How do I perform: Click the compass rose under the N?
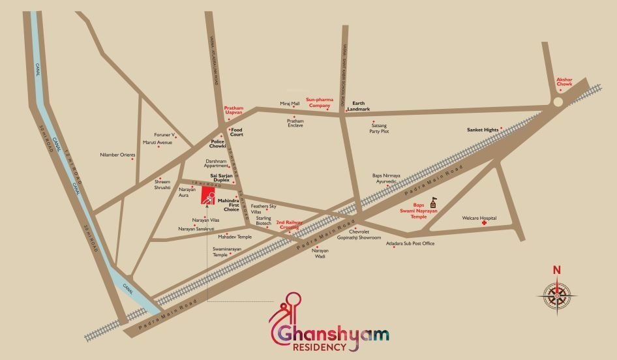[556, 295]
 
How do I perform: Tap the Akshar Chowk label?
[564, 82]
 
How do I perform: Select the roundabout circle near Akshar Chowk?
[557, 102]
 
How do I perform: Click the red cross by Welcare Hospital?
[485, 223]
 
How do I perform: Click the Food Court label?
[237, 132]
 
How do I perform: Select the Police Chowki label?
[218, 143]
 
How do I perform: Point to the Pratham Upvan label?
[233, 110]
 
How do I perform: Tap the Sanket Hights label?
[483, 130]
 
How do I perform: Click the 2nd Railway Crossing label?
[289, 225]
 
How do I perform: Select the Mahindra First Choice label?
[228, 205]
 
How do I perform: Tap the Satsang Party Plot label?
[379, 128]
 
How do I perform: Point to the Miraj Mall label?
[290, 104]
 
